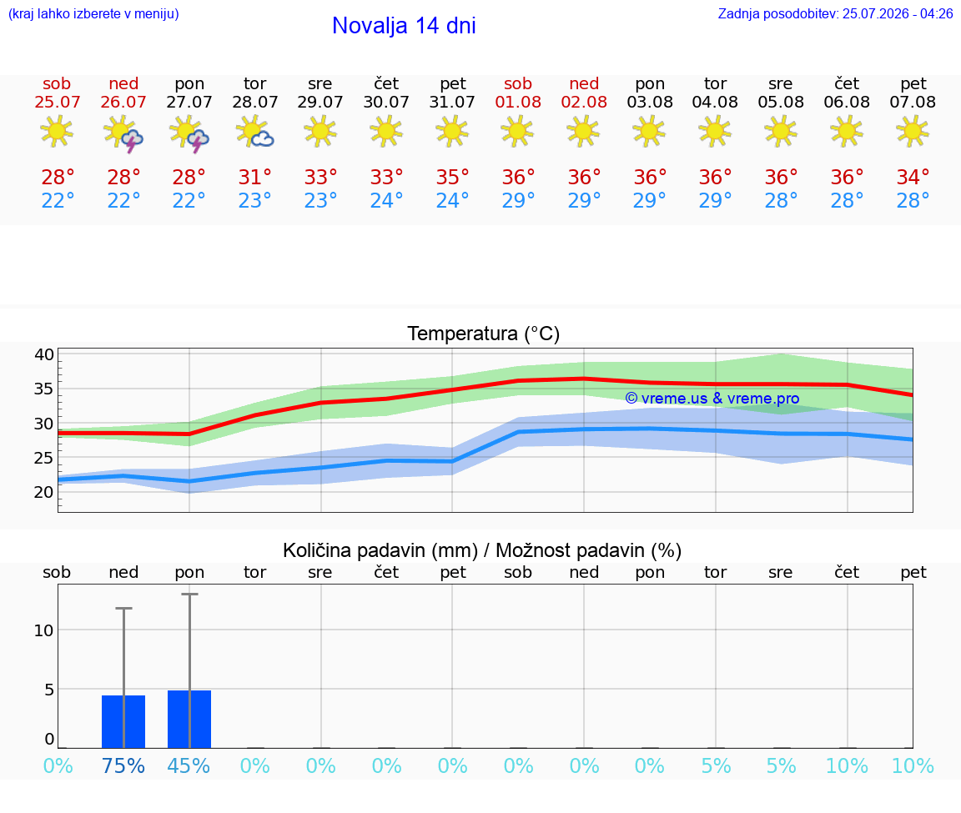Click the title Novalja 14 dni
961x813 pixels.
click(x=404, y=26)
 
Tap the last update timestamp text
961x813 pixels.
click(x=835, y=14)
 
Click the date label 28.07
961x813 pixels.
click(x=255, y=102)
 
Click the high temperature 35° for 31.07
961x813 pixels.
click(x=452, y=178)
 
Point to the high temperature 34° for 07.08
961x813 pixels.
click(x=913, y=178)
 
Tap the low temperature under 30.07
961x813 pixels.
click(x=386, y=200)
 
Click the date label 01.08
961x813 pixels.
click(x=518, y=102)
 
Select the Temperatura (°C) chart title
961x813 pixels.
click(x=484, y=334)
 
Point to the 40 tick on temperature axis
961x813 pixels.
click(x=44, y=354)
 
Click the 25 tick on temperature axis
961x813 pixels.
click(x=44, y=458)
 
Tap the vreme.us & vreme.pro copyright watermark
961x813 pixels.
click(x=712, y=399)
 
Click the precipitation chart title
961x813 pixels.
click(x=482, y=550)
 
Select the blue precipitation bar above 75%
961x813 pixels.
click(x=123, y=722)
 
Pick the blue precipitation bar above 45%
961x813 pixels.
click(x=189, y=720)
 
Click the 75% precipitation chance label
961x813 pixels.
click(x=123, y=765)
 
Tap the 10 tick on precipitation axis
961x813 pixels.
click(x=44, y=630)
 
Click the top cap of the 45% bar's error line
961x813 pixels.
click(x=189, y=594)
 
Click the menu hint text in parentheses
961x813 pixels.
click(x=93, y=14)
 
